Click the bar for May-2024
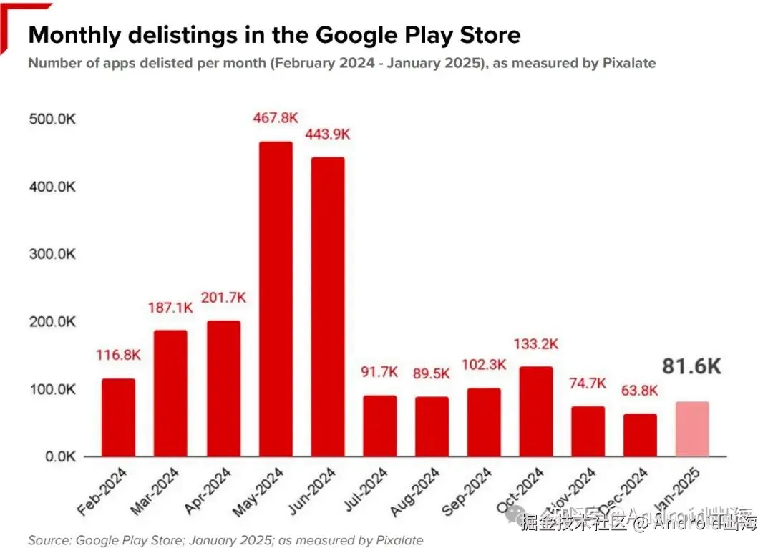pos(276,299)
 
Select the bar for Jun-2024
pos(328,307)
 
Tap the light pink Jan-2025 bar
pos(693,429)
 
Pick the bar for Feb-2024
pos(118,418)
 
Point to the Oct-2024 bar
pos(536,412)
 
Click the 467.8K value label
pos(276,117)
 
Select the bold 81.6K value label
pos(691,367)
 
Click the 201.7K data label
pos(223,297)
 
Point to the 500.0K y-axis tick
pos(52,119)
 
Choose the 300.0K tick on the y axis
pos(52,255)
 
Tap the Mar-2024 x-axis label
pos(155,493)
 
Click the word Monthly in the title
pos(77,35)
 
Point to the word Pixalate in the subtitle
pos(627,63)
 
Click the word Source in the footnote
pos(48,540)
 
